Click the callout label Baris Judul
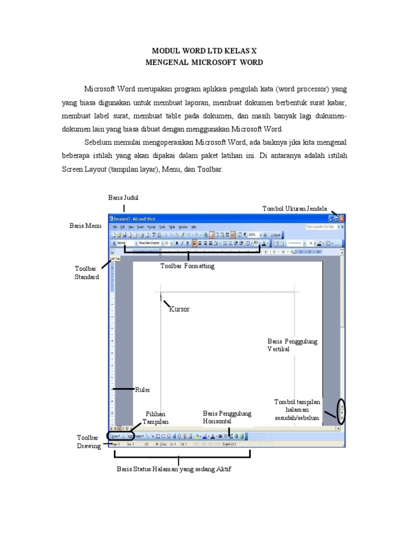click(123, 197)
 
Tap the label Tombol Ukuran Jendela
click(295, 208)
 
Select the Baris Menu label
click(85, 226)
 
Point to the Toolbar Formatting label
click(187, 266)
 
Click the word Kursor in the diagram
click(179, 309)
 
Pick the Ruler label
click(143, 390)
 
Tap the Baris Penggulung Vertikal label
click(292, 345)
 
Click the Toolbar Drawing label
click(88, 442)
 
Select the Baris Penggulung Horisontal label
click(227, 417)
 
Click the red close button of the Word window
click(342, 218)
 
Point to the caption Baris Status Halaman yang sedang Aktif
click(174, 469)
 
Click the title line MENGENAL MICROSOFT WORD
click(204, 62)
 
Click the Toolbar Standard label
click(86, 273)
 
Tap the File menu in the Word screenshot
click(114, 226)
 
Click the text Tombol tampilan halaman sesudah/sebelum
click(297, 410)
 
